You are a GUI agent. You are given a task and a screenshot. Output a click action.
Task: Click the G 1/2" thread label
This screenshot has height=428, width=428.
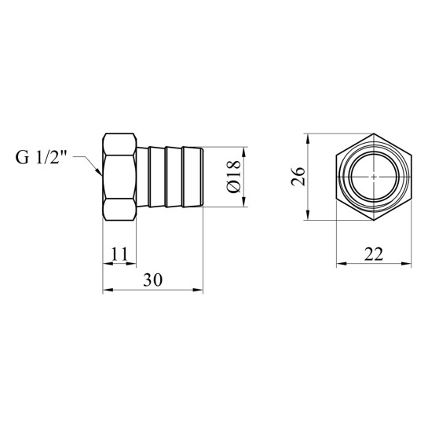tap(41, 158)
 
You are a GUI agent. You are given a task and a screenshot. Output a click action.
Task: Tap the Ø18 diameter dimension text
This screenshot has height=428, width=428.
tap(234, 177)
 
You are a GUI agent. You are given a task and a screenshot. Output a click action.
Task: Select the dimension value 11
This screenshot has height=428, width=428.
tap(119, 254)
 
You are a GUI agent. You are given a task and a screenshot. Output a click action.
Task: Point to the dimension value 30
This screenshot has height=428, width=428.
tap(153, 280)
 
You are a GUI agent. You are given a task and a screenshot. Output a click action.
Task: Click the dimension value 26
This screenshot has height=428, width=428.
tap(298, 177)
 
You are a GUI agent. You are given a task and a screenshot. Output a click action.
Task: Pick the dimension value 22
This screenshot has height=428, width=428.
tap(374, 254)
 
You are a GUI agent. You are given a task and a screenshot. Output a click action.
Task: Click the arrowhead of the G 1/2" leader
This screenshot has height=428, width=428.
tap(99, 171)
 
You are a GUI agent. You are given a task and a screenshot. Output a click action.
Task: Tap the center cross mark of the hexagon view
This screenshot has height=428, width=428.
tap(374, 177)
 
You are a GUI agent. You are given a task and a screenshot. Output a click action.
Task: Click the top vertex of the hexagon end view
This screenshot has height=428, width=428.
tap(374, 134)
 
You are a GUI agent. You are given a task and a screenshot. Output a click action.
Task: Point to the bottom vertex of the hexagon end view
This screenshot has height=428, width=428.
tap(374, 220)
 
